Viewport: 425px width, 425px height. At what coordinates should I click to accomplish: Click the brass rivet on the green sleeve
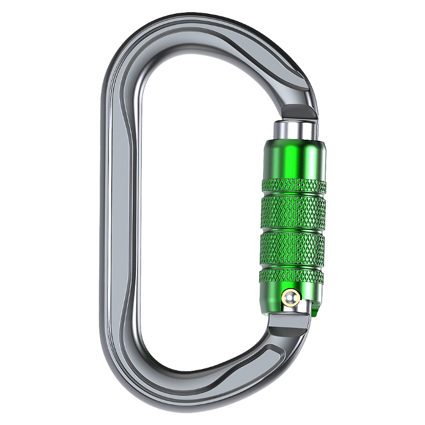click(291, 298)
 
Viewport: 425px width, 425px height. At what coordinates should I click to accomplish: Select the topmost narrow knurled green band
click(293, 186)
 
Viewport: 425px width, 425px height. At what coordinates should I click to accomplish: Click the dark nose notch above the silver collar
click(297, 112)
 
